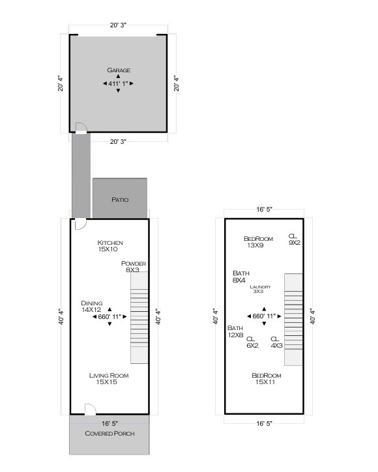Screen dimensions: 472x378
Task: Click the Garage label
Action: pyautogui.click(x=118, y=70)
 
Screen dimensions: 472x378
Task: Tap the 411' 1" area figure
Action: pyautogui.click(x=118, y=83)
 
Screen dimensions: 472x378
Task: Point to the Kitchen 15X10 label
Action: pyautogui.click(x=110, y=246)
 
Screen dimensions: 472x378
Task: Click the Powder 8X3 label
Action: pyautogui.click(x=134, y=266)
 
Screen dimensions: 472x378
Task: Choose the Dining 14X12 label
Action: pyautogui.click(x=92, y=307)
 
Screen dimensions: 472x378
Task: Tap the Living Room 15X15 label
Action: pyautogui.click(x=109, y=379)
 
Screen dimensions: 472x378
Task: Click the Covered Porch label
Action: pyautogui.click(x=109, y=433)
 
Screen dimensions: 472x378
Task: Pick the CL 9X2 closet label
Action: pyautogui.click(x=294, y=239)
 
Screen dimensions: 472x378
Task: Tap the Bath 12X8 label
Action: pyautogui.click(x=235, y=331)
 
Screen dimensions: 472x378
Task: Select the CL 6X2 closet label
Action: pyautogui.click(x=252, y=342)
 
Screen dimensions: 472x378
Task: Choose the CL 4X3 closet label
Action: pyautogui.click(x=276, y=342)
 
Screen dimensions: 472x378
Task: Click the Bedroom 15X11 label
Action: pyautogui.click(x=266, y=379)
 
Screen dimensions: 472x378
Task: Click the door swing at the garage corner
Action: pyautogui.click(x=81, y=128)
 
